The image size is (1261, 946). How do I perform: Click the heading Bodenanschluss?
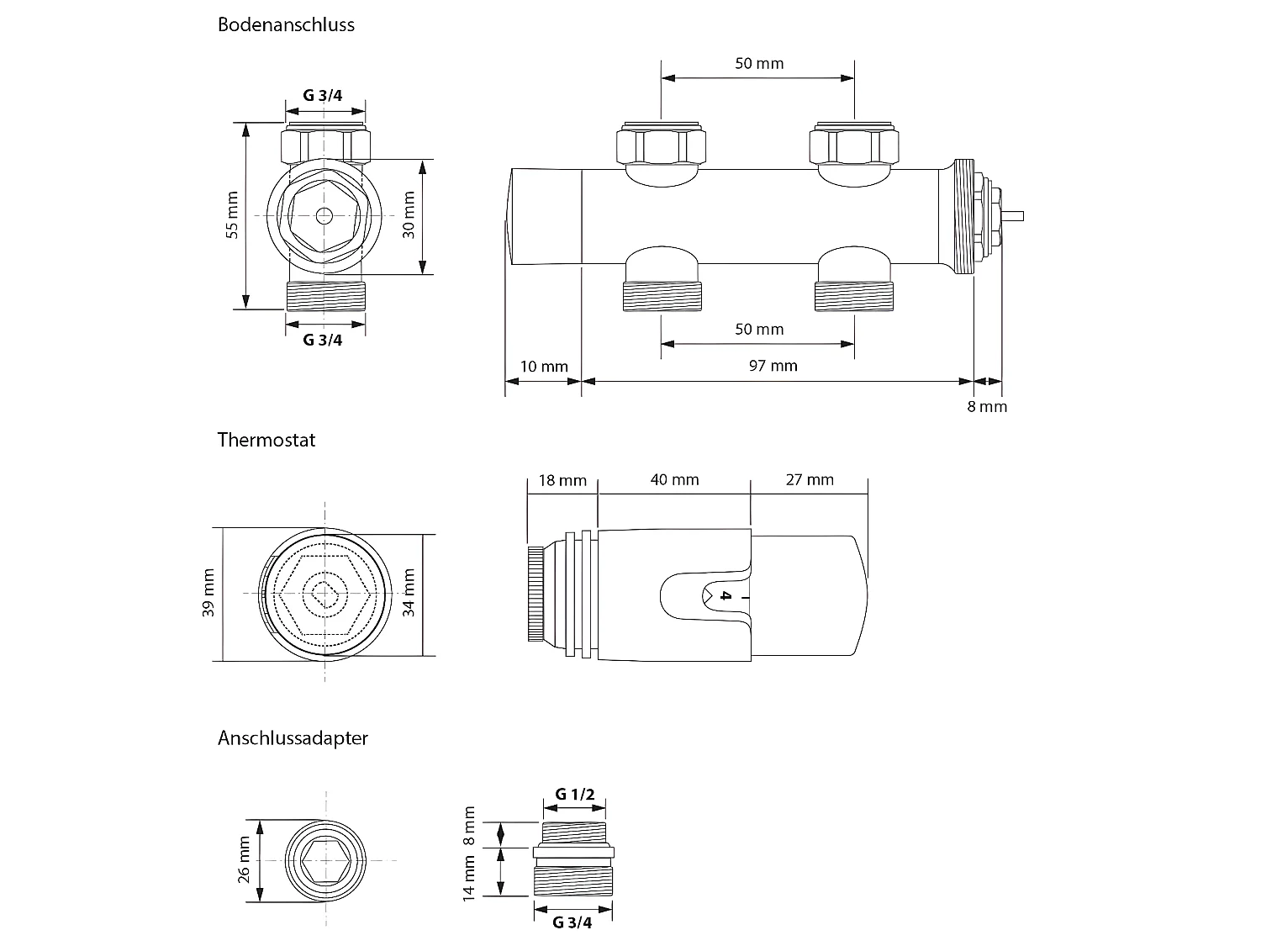pyautogui.click(x=286, y=24)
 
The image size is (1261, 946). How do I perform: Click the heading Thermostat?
pyautogui.click(x=266, y=440)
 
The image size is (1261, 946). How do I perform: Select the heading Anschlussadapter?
pyautogui.click(x=293, y=738)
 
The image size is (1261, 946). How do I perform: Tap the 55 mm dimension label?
pyautogui.click(x=233, y=215)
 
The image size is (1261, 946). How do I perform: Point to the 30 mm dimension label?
pyautogui.click(x=409, y=215)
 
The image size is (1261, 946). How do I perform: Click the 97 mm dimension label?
pyautogui.click(x=772, y=365)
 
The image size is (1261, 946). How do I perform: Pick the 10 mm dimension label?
pyautogui.click(x=544, y=367)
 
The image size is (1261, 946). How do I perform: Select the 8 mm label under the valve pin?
pyautogui.click(x=986, y=407)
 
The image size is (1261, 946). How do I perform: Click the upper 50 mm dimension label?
pyautogui.click(x=758, y=64)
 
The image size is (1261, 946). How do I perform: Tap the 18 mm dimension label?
pyautogui.click(x=562, y=480)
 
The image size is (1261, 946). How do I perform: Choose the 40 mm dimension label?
pyautogui.click(x=674, y=480)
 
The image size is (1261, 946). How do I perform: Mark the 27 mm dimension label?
pyautogui.click(x=809, y=480)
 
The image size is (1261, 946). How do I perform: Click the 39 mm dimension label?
pyautogui.click(x=209, y=594)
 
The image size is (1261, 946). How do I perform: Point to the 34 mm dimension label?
pyautogui.click(x=409, y=594)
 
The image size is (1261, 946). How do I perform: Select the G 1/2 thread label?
pyautogui.click(x=574, y=795)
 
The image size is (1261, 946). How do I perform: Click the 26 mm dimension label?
pyautogui.click(x=245, y=859)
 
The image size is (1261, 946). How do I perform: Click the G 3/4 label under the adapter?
pyautogui.click(x=572, y=922)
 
